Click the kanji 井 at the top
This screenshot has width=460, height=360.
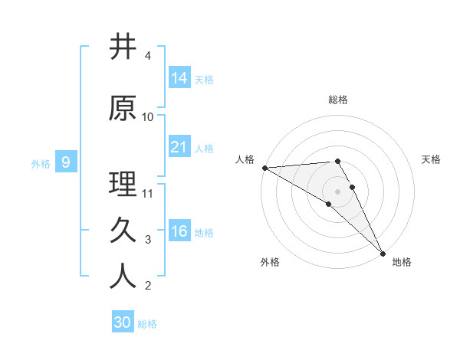pos(123,47)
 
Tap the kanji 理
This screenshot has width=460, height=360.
pos(123,184)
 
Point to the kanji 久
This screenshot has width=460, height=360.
pos(123,230)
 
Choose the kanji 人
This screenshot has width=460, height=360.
pos(123,277)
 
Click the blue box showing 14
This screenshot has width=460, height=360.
pos(179,78)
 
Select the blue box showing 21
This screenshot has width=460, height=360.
pos(179,147)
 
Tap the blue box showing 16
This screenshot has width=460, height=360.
pos(179,231)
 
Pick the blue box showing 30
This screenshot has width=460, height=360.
pos(123,322)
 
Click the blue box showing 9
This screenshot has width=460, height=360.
pos(66,162)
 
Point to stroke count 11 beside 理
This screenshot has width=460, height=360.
pos(149,193)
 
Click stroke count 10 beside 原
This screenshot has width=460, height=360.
pos(148,117)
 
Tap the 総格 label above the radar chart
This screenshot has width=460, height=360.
pos(338,100)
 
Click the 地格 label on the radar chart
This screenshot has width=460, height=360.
pos(402,262)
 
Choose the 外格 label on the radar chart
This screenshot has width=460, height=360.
pos(270,262)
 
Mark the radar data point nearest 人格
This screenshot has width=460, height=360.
pos(264,168)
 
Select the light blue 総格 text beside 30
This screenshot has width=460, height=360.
pos(147,324)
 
